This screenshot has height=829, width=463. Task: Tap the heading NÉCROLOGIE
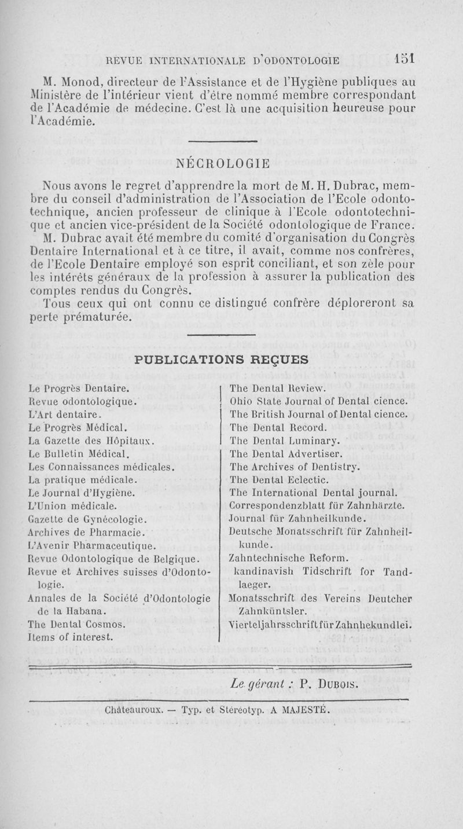pyautogui.click(x=223, y=164)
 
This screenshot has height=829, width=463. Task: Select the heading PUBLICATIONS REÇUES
pyautogui.click(x=221, y=359)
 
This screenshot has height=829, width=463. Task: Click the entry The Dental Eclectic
pyautogui.click(x=279, y=479)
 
